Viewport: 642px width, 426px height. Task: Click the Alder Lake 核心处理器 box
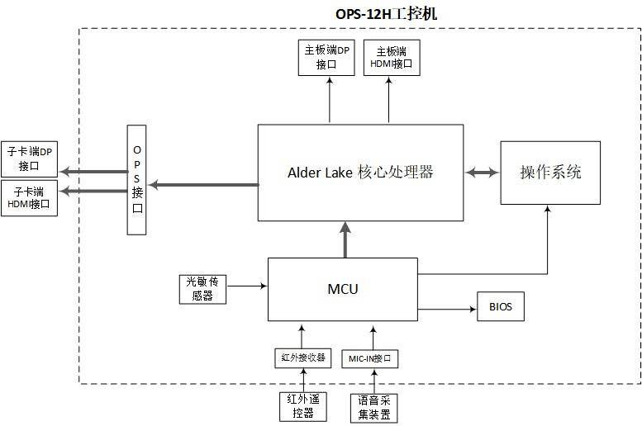[360, 173]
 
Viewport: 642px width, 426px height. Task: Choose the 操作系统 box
[549, 173]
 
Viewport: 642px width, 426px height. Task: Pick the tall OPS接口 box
[138, 180]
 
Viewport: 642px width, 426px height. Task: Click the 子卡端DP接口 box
[30, 159]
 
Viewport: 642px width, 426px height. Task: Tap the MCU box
[342, 289]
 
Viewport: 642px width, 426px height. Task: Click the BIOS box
[500, 307]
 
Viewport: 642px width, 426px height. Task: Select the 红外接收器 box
[302, 358]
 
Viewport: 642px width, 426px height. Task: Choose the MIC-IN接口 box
[373, 358]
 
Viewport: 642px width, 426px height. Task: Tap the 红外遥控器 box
[301, 406]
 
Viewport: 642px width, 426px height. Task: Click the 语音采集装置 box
[373, 407]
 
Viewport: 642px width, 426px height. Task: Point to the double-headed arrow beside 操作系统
[482, 173]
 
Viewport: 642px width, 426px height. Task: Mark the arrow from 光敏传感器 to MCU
[245, 286]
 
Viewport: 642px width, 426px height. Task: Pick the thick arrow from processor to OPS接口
[203, 184]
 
